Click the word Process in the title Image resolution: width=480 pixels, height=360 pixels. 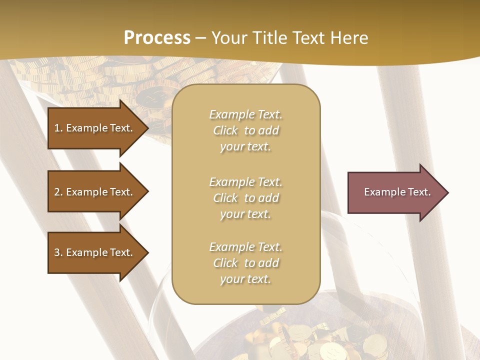[157, 37]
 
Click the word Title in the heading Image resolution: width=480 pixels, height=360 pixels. [268, 37]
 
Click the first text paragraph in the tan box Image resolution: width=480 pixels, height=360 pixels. [245, 130]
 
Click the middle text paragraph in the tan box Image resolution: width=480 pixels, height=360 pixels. [245, 198]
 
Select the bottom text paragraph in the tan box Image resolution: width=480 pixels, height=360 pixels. [245, 263]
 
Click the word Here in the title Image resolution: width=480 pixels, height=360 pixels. [349, 37]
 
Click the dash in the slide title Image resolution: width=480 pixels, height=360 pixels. [200, 38]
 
